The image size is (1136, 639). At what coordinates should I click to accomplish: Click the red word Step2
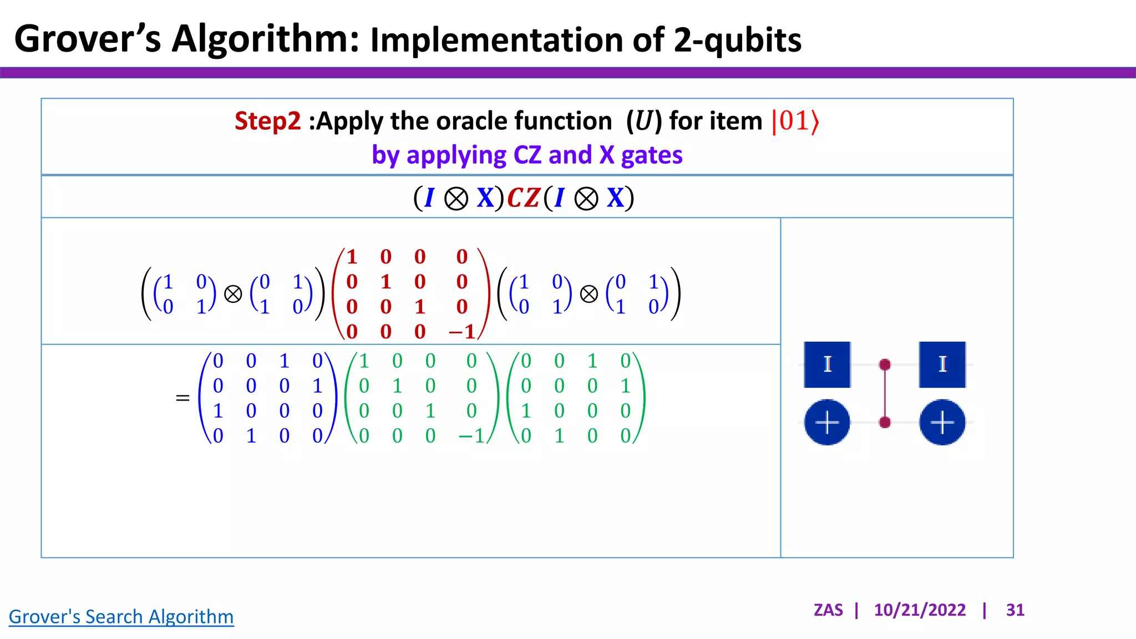tap(267, 121)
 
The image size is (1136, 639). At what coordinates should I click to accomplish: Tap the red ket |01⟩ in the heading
tap(795, 121)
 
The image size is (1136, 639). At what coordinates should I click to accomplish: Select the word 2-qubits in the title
tap(737, 40)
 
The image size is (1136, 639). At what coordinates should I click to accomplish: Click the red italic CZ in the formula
tap(523, 198)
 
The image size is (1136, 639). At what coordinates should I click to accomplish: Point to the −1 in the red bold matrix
tap(462, 332)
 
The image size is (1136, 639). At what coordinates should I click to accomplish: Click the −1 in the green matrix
tap(471, 436)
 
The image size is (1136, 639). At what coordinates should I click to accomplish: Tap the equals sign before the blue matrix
tap(182, 398)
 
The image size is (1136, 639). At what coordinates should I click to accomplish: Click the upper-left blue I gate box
tap(827, 364)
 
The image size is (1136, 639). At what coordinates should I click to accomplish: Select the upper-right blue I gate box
tap(942, 364)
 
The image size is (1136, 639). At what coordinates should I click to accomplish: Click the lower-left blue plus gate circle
tap(827, 423)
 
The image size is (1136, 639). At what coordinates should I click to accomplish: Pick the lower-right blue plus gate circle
tap(942, 423)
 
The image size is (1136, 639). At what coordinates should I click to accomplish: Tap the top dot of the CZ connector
tap(885, 364)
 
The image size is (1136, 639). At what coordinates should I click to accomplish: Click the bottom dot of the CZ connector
tap(885, 423)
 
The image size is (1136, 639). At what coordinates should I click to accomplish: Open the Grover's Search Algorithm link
tap(121, 617)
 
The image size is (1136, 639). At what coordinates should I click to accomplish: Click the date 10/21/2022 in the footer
tap(920, 610)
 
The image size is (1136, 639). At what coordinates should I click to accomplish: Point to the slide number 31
tap(1015, 610)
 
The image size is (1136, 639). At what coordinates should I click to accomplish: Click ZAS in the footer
tap(828, 610)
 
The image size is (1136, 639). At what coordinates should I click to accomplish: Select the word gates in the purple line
tap(651, 155)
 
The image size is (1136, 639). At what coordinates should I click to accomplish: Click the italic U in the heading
tap(644, 121)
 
